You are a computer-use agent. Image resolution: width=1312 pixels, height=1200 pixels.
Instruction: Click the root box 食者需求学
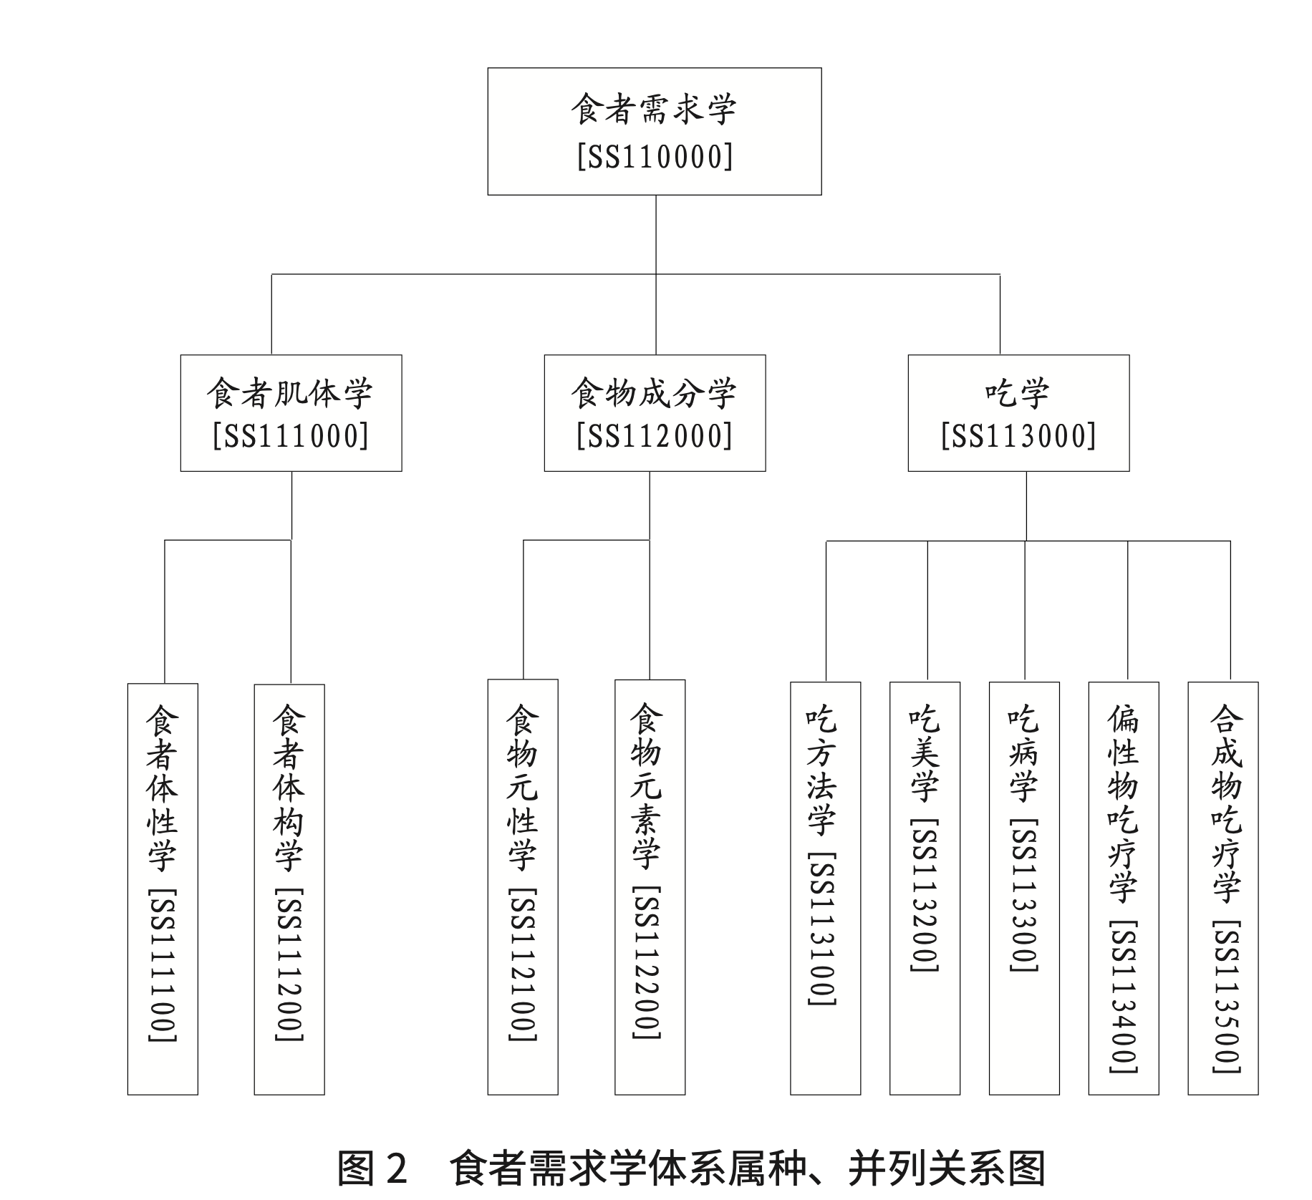coord(654,131)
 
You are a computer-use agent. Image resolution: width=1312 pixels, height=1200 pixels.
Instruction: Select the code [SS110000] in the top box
coord(655,156)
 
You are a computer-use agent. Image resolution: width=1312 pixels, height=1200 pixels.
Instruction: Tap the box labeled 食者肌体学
coord(291,413)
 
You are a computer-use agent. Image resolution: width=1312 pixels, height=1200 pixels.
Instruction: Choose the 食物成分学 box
coord(655,413)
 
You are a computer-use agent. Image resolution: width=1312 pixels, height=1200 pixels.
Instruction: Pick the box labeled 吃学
coord(1018,413)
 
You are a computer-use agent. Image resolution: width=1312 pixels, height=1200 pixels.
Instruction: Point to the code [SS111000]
coord(291,435)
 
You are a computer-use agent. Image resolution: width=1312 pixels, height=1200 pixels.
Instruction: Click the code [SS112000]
coord(655,435)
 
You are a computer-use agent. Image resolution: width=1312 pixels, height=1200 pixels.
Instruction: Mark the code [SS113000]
coord(1018,435)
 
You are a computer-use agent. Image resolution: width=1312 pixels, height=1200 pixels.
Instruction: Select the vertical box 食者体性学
coord(163,889)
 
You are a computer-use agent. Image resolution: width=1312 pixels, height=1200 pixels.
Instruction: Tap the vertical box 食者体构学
coord(289,889)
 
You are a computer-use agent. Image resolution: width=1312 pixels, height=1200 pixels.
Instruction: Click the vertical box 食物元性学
coord(523,887)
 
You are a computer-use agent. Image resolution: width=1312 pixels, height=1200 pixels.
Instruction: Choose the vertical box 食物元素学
coord(650,887)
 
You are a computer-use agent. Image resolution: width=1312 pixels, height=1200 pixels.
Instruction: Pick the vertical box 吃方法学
coord(825,889)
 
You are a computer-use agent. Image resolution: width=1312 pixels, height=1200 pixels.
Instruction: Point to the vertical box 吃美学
coord(925,889)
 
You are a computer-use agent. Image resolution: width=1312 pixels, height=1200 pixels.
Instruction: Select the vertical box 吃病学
coord(1024,889)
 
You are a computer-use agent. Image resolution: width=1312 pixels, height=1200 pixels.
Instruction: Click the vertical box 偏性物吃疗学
coord(1124,889)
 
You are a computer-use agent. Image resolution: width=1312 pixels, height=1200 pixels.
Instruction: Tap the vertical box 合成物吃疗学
coord(1223,889)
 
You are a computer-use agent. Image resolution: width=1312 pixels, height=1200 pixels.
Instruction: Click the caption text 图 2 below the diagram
coord(372,1168)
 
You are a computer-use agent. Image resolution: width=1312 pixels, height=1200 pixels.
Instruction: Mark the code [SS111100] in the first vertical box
coord(163,965)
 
